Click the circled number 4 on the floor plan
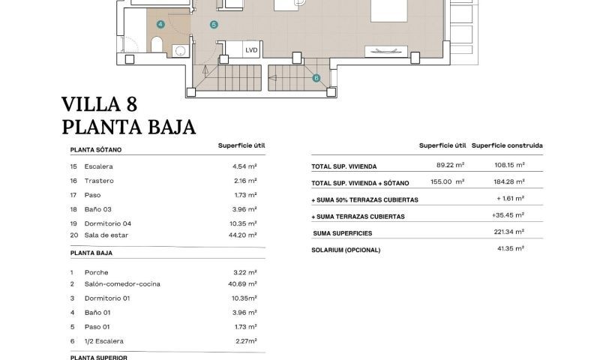160,24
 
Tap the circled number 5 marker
214,25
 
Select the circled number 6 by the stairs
316,77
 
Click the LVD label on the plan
252,50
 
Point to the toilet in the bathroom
157,46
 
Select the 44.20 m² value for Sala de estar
244,235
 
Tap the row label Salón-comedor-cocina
122,284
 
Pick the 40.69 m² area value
244,284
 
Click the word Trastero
99,181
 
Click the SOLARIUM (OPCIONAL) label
346,250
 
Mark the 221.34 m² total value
509,232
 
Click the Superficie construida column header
508,145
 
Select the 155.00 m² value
448,181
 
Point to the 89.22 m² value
450,166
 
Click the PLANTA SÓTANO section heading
96,149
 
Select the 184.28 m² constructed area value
509,181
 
